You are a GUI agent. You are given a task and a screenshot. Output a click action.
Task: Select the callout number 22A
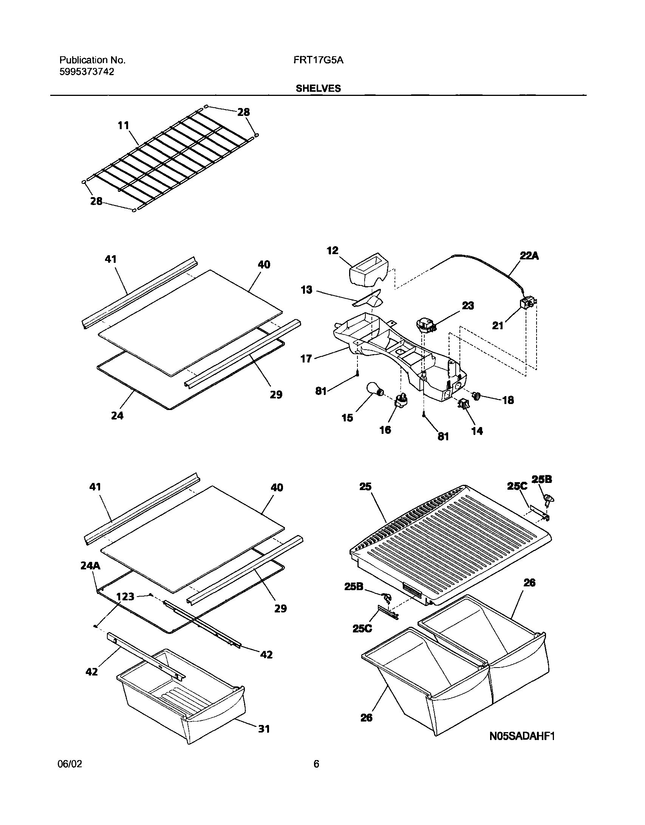pos(529,256)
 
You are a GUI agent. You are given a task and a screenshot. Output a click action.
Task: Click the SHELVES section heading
pos(318,88)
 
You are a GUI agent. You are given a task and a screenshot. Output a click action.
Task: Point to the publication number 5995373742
pos(87,72)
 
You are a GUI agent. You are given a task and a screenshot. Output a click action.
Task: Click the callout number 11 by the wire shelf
pos(123,125)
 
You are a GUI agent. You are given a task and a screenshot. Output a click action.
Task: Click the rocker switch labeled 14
pos(463,404)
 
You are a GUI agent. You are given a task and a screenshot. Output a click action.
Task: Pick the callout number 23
pos(468,305)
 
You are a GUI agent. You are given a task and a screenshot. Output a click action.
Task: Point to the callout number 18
pos(508,400)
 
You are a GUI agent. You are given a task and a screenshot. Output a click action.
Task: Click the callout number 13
pos(306,290)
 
